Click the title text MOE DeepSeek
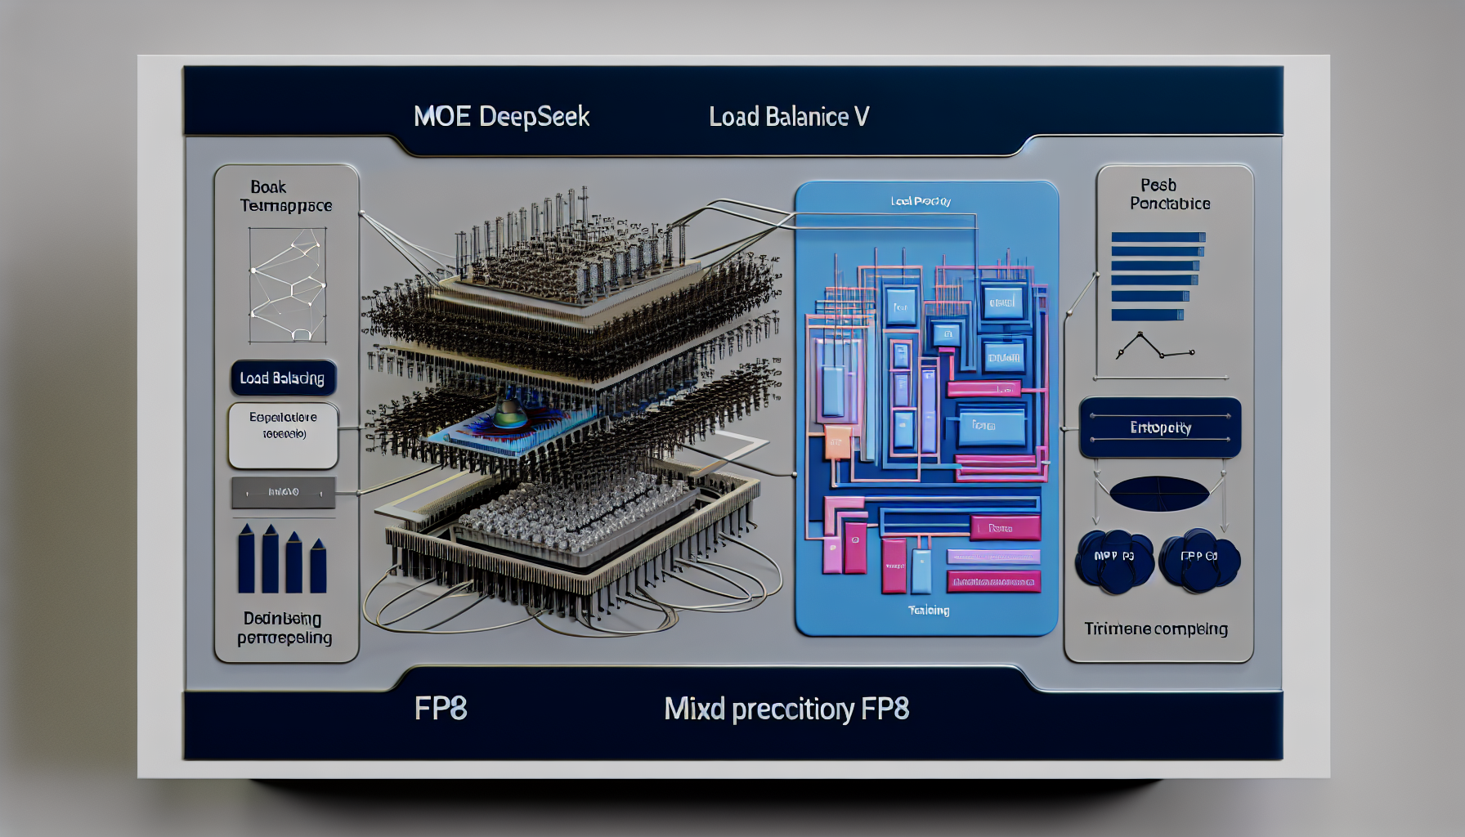pos(501,117)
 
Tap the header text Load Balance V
pos(788,117)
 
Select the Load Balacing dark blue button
pos(283,378)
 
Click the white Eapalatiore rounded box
pos(283,435)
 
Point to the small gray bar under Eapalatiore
pos(283,492)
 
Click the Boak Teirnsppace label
pos(284,196)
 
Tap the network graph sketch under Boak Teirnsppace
pos(288,284)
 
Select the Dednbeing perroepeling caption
pos(284,628)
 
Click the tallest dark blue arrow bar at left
pos(246,559)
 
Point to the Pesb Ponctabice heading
pos(1169,195)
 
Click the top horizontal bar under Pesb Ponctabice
pos(1158,238)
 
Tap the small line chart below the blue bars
pos(1155,347)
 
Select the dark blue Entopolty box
pos(1160,427)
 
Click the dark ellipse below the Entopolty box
pos(1159,494)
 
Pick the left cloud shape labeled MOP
pos(1114,560)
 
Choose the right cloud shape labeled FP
pos(1199,560)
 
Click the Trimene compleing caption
pos(1156,629)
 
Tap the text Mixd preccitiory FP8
pos(786,709)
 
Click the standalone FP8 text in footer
pos(441,709)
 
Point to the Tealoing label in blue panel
pos(929,610)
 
